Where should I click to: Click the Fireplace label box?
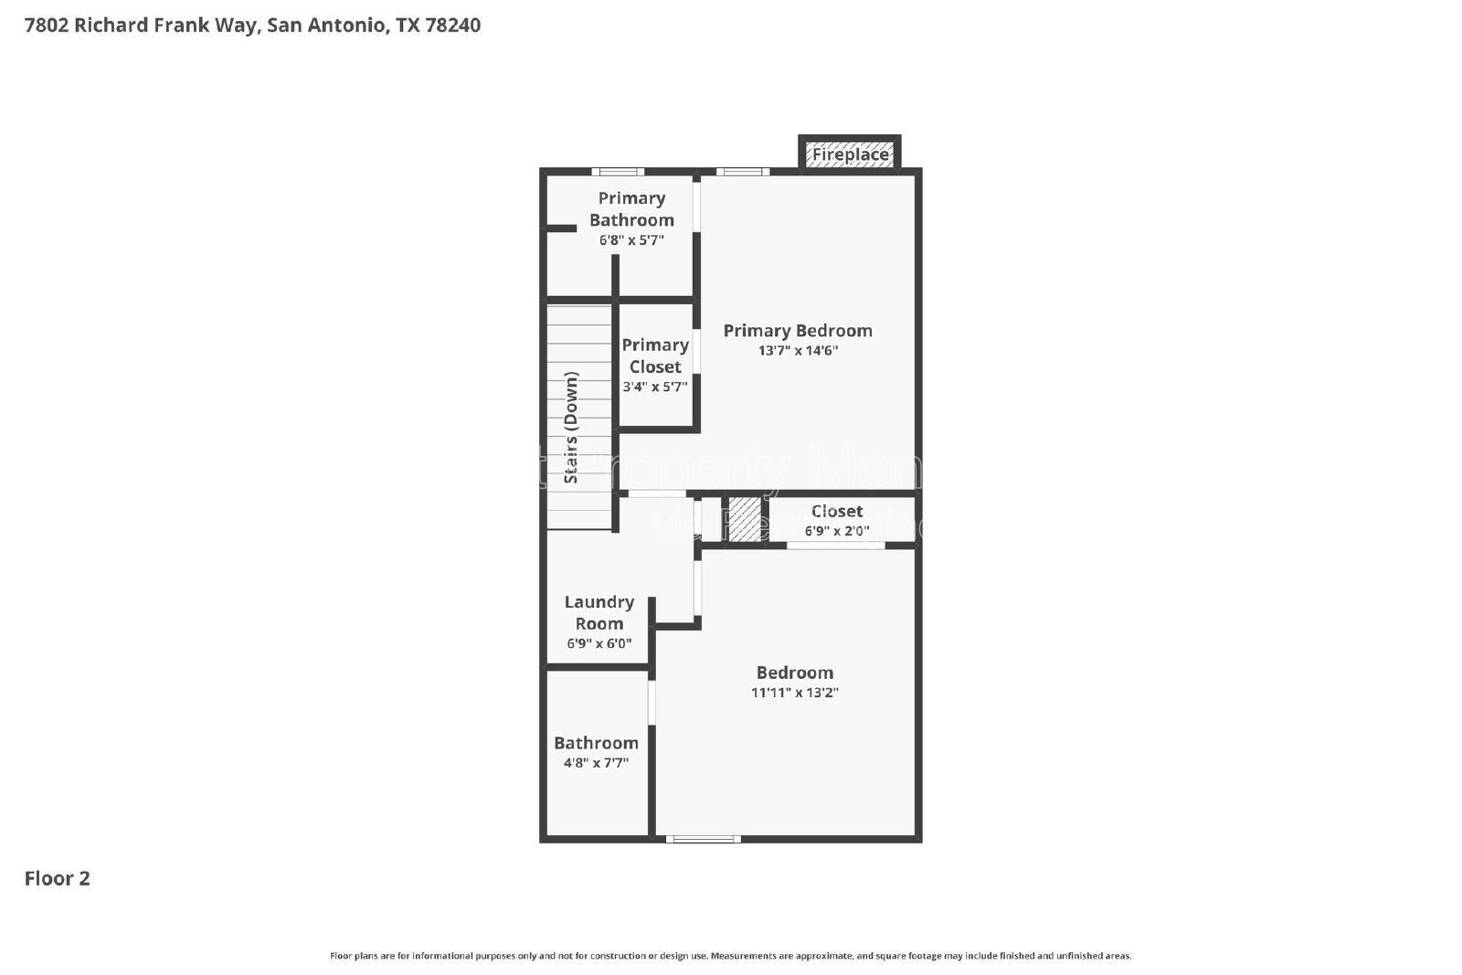click(850, 154)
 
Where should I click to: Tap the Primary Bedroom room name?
click(798, 331)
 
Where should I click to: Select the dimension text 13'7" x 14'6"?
click(798, 351)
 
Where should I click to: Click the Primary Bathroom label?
click(631, 209)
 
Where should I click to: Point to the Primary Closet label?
click(655, 355)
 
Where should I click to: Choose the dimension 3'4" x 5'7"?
click(655, 387)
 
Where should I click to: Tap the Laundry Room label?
click(599, 613)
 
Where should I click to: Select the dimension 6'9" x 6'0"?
click(599, 643)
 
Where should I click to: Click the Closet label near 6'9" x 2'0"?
click(837, 511)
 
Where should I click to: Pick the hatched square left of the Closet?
click(744, 519)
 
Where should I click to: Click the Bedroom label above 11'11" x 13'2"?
click(795, 673)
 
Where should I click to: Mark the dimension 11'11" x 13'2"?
click(795, 693)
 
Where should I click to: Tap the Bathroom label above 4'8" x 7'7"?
click(596, 743)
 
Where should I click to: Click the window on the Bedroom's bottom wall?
click(703, 839)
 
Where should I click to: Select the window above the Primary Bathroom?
click(618, 171)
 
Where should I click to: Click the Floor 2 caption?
click(58, 878)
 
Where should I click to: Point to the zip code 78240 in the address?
click(453, 25)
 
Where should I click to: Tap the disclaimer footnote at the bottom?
click(730, 956)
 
